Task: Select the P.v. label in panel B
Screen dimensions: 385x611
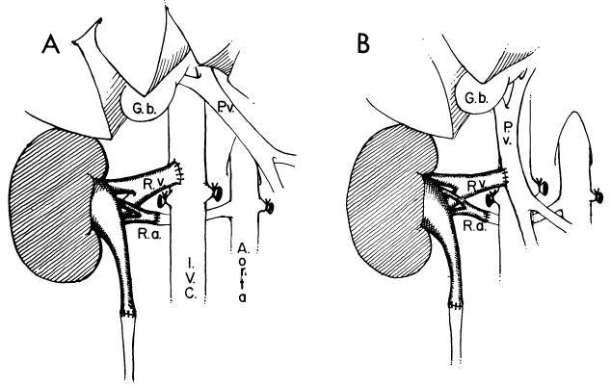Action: [x=509, y=133]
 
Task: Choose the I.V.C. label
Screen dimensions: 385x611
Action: [x=195, y=270]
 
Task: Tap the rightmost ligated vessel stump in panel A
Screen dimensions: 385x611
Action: [x=269, y=204]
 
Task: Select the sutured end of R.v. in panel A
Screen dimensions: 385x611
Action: [x=179, y=172]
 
